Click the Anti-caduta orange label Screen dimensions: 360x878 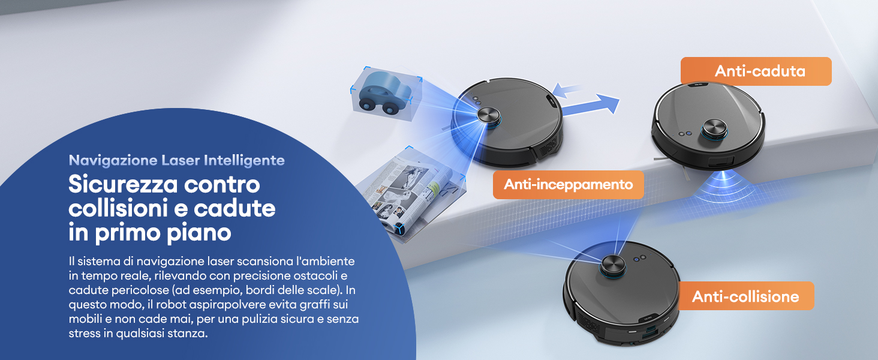coord(756,71)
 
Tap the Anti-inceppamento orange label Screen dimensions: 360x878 coord(568,184)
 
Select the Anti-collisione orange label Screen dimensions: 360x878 coord(745,296)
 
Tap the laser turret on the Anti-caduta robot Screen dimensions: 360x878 coord(715,127)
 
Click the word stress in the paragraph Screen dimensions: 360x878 coord(83,334)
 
